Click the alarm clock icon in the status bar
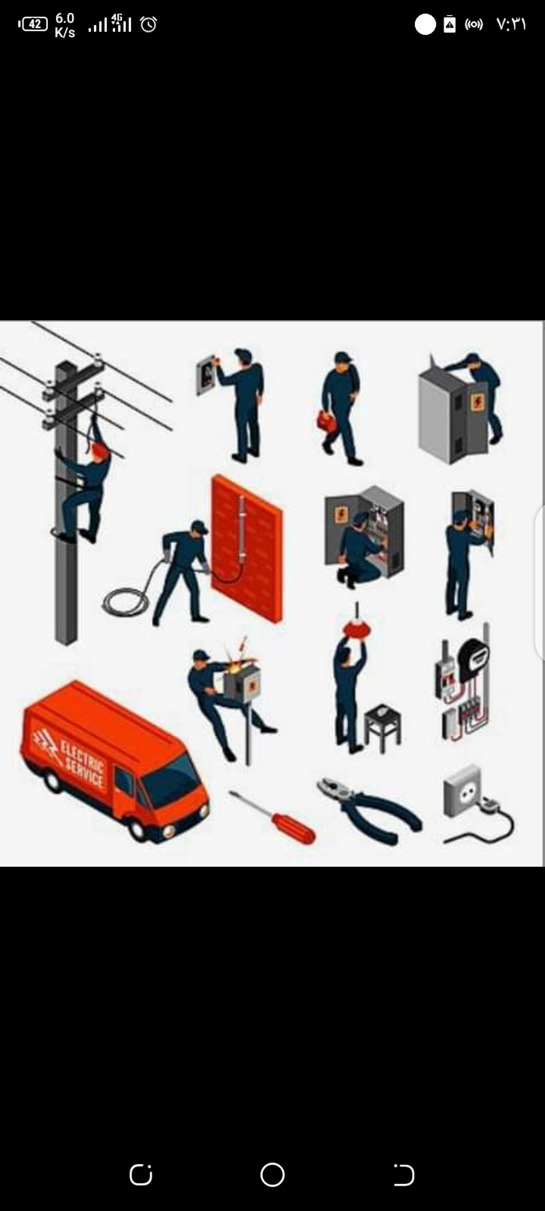click(x=149, y=24)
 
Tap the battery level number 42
click(x=34, y=24)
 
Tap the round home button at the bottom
click(x=272, y=1175)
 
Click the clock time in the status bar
click(x=511, y=24)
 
